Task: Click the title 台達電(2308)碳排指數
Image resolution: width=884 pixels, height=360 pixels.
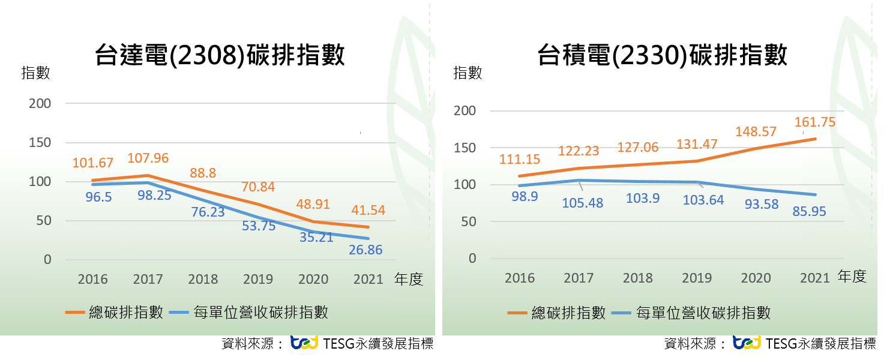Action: pos(220,55)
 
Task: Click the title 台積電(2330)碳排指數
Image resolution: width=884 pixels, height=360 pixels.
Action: pos(662,55)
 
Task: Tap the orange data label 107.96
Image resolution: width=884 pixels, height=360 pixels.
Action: pos(148,159)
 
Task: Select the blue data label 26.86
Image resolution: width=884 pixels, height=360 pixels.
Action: pos(365,250)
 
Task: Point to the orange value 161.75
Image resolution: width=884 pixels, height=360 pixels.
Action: pos(814,122)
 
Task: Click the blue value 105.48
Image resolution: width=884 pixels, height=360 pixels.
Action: pos(582,203)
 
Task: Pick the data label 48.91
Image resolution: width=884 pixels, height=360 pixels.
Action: pos(313,204)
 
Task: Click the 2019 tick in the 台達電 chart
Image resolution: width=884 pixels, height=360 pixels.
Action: pos(258,279)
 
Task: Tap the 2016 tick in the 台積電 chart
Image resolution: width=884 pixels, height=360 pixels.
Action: pos(520,278)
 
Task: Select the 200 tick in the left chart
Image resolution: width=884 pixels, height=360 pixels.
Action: pos(40,103)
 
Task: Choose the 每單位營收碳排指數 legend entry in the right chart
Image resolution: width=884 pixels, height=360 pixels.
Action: pos(691,313)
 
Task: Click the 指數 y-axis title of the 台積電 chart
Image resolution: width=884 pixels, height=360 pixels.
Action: pos(468,73)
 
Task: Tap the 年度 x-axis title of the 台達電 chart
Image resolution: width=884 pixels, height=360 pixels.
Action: pos(409,279)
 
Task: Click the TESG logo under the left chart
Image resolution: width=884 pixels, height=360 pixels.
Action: pos(304,343)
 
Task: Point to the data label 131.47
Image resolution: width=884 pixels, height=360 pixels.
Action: pos(697,145)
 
